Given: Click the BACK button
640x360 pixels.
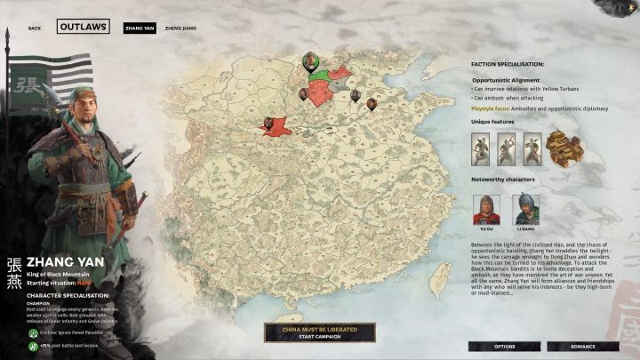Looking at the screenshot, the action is pos(35,28).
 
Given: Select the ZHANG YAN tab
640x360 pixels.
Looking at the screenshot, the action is pos(140,28).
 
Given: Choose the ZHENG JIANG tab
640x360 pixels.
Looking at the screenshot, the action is pos(181,28).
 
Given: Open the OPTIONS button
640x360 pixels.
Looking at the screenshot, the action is pos(505,346).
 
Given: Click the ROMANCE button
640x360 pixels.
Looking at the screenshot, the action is pos(583,346).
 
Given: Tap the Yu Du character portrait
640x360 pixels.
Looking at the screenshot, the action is pos(485,209).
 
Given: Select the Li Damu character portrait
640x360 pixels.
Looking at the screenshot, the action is pos(523,209).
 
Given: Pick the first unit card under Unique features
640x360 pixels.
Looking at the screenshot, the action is pos(481,148).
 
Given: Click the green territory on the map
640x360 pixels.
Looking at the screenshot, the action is pos(318,92).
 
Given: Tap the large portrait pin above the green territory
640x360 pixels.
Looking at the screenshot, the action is pos(310,60).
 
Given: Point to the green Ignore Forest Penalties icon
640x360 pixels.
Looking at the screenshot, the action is pos(31,328).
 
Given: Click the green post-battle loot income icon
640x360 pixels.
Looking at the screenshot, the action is pos(31,341).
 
